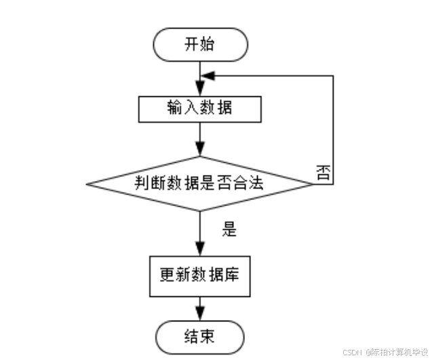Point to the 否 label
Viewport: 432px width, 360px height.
323,172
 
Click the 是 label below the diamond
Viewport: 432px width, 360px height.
229,229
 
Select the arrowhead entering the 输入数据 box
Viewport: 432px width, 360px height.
199,90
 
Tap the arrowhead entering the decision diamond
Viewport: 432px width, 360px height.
199,150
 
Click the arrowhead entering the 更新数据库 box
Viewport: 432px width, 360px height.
199,249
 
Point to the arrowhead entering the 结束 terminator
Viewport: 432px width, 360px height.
199,315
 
